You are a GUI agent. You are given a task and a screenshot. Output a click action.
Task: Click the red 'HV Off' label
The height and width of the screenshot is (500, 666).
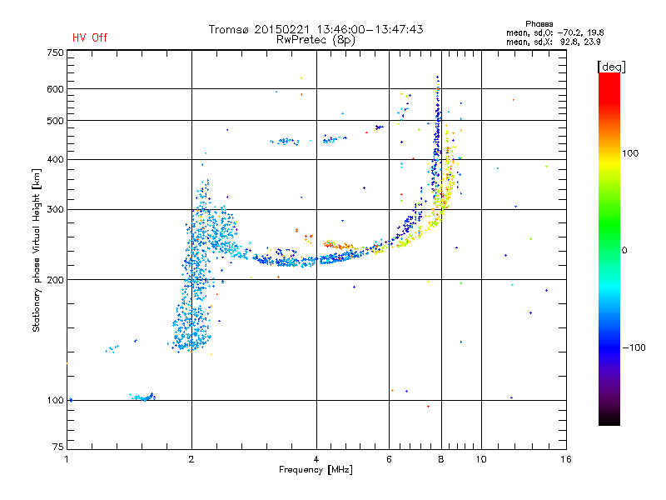point(90,37)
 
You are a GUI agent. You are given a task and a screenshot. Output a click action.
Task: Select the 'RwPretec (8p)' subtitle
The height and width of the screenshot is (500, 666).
point(316,40)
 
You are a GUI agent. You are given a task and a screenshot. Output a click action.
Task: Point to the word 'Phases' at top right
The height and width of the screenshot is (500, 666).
point(539,24)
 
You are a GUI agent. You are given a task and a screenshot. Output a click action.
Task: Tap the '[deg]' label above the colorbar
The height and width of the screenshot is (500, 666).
point(611,67)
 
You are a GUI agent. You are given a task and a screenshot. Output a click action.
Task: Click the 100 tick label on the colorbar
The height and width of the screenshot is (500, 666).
point(630,153)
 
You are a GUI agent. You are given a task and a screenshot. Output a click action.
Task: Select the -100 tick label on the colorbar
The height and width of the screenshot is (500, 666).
point(634,347)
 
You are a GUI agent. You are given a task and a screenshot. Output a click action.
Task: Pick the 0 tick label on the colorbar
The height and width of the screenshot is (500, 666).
point(624,251)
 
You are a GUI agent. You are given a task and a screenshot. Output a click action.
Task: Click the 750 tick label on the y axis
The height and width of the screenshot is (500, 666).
point(55,52)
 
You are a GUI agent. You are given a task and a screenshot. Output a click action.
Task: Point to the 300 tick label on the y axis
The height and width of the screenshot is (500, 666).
point(55,209)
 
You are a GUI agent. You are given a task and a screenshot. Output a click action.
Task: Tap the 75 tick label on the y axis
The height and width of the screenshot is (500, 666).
point(58,447)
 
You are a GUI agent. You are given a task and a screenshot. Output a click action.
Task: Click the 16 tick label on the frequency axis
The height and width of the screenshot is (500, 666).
point(566,459)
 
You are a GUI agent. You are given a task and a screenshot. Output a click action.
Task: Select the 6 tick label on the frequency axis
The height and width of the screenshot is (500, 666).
point(389,459)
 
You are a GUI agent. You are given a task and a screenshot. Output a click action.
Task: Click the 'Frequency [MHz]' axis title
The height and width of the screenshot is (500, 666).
point(316,470)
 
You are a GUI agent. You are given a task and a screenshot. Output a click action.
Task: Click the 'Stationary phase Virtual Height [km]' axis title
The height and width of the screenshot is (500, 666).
point(37,250)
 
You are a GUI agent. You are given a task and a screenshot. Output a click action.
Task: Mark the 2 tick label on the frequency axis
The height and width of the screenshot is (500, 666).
point(191,459)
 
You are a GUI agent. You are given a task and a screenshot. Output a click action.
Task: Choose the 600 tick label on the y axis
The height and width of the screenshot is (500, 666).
point(55,89)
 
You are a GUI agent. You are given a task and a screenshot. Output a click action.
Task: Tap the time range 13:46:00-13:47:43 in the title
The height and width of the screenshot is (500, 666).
point(370,29)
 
